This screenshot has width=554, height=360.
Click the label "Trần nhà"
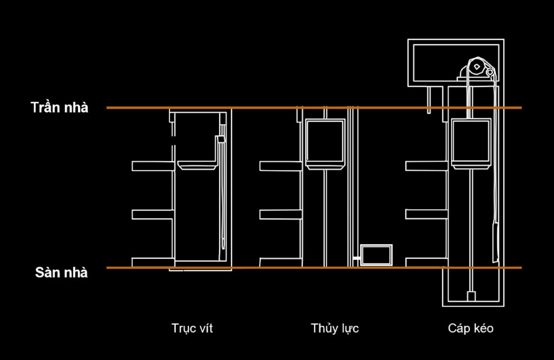[x=60, y=107]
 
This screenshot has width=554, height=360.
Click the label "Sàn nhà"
[x=62, y=272]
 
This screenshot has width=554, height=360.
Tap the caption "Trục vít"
[x=192, y=329]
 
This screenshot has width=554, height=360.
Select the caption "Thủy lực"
[x=335, y=329]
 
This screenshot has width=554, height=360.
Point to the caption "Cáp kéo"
[x=471, y=329]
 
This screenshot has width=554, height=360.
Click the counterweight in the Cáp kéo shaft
[x=496, y=242]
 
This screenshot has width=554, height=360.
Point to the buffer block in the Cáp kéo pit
[x=471, y=296]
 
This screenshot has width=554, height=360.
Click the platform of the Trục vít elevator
[x=197, y=165]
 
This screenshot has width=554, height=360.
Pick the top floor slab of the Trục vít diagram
[x=153, y=166]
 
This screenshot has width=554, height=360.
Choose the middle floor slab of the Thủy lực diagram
[x=281, y=214]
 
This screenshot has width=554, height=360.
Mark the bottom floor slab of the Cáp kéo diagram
[x=426, y=263]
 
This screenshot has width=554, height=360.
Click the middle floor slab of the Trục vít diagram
[x=153, y=214]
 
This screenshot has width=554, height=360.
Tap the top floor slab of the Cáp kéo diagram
[x=426, y=166]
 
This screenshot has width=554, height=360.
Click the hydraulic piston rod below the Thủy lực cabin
[x=325, y=218]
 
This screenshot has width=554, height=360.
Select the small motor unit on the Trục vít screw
[x=221, y=139]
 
